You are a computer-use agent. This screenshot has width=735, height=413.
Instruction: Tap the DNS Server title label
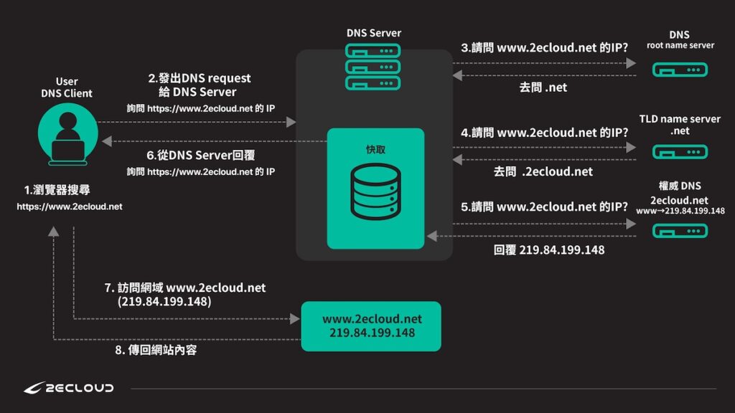374,33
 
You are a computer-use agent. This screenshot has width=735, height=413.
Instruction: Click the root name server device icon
680,70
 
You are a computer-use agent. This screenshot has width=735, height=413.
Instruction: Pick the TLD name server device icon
680,151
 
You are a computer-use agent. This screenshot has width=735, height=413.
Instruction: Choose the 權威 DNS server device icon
680,230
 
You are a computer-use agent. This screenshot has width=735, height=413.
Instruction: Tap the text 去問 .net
543,88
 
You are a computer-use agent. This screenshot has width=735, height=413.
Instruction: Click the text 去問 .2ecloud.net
543,171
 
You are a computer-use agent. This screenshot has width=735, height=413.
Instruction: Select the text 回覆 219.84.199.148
549,250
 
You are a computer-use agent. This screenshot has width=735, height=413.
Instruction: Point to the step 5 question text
545,206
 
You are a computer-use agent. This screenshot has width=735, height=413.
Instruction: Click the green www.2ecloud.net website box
371,326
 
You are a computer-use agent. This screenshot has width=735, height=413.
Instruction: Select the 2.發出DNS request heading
200,78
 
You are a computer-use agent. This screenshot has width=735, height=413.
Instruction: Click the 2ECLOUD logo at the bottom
68,388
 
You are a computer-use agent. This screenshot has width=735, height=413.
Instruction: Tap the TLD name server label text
680,119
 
